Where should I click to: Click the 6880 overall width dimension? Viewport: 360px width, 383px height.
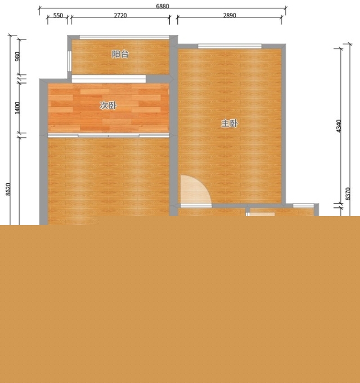(163, 6)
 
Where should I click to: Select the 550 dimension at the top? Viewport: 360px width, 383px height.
(58, 15)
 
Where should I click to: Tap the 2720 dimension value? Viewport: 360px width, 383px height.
(120, 15)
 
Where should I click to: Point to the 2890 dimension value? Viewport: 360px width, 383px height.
(229, 15)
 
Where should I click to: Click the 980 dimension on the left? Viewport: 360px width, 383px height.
(17, 56)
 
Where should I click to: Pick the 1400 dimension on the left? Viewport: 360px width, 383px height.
(17, 108)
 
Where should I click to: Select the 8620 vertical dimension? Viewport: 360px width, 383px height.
(8, 189)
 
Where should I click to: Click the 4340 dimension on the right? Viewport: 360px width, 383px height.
(339, 126)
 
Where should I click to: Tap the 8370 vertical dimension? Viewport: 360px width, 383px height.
(348, 194)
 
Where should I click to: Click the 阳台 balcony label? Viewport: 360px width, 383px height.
(120, 54)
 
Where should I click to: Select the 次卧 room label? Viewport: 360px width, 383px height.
(108, 105)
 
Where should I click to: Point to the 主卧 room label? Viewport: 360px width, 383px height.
(229, 123)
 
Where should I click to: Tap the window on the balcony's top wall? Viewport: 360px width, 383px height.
(124, 37)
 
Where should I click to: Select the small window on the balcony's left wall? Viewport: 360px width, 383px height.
(69, 61)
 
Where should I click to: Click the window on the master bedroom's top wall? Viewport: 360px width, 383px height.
(229, 46)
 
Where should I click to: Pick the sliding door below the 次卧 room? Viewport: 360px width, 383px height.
(109, 136)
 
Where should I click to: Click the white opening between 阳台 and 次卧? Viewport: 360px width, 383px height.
(109, 79)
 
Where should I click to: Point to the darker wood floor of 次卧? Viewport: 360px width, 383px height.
(109, 108)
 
